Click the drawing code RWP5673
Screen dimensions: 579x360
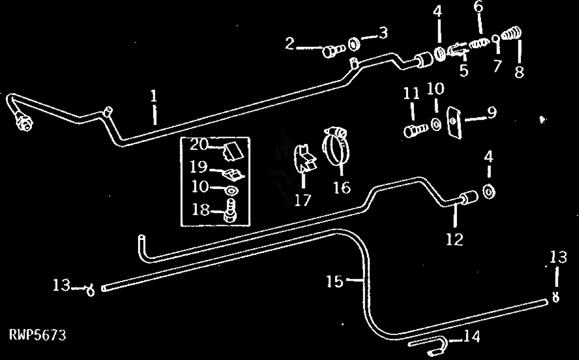pyautogui.click(x=38, y=335)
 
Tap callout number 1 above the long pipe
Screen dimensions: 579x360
pyautogui.click(x=154, y=95)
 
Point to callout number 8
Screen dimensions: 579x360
pyautogui.click(x=519, y=72)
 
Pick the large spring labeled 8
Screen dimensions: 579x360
pyautogui.click(x=511, y=33)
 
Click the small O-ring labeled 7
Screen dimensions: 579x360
pyautogui.click(x=496, y=39)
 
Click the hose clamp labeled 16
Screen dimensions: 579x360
pyautogui.click(x=336, y=146)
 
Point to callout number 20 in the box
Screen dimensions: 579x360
pyautogui.click(x=198, y=144)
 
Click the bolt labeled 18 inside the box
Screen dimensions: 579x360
pyautogui.click(x=230, y=211)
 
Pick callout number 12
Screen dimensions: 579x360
pyautogui.click(x=455, y=239)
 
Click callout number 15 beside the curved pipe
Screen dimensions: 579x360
pyautogui.click(x=335, y=281)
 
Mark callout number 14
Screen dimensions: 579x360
pyautogui.click(x=472, y=336)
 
